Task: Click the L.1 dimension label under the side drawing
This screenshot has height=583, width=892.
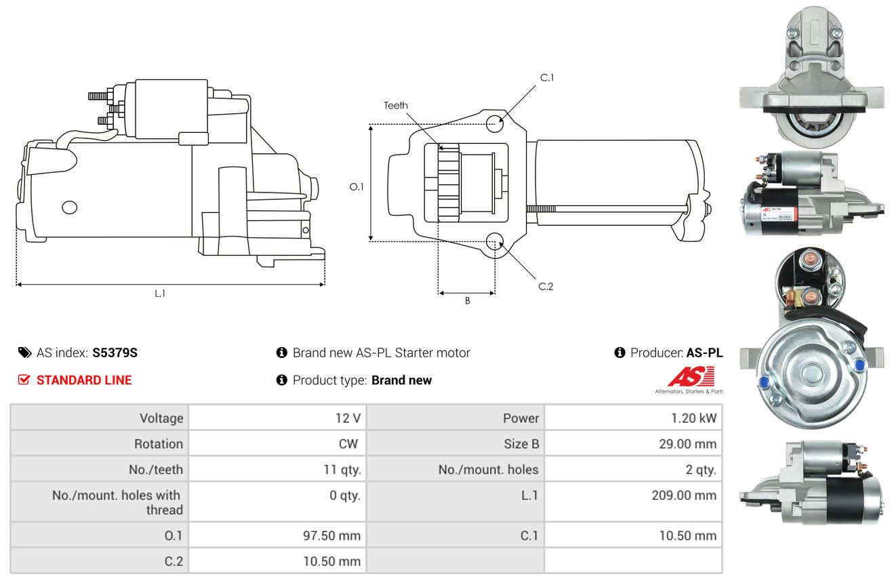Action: pyautogui.click(x=160, y=294)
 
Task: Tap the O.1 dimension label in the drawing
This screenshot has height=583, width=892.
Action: pyautogui.click(x=357, y=187)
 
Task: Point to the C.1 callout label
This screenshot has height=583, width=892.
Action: pyautogui.click(x=547, y=78)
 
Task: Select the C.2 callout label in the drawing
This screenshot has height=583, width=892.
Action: pyautogui.click(x=546, y=286)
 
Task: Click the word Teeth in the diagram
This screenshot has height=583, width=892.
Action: pyautogui.click(x=395, y=106)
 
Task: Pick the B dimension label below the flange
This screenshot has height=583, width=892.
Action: pyautogui.click(x=468, y=301)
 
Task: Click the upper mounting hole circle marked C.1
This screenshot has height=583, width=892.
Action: pyautogui.click(x=495, y=123)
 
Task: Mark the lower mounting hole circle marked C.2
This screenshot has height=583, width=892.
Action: pyautogui.click(x=495, y=241)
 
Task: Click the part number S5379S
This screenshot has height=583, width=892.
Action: pyautogui.click(x=115, y=353)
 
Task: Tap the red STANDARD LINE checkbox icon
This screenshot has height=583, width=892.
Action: pyautogui.click(x=24, y=380)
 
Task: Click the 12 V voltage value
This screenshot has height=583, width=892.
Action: pyautogui.click(x=348, y=418)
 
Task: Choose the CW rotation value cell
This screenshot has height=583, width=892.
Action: pyautogui.click(x=277, y=443)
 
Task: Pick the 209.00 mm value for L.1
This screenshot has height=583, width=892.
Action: pyautogui.click(x=684, y=496)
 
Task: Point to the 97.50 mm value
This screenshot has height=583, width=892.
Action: pyautogui.click(x=331, y=536)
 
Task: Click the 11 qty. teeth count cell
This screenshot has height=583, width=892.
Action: pyautogui.click(x=277, y=470)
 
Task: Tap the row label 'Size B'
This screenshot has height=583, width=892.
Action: pyautogui.click(x=521, y=443)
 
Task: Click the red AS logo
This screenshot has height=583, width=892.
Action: pyautogui.click(x=691, y=377)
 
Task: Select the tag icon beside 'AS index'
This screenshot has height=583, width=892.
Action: pyautogui.click(x=24, y=353)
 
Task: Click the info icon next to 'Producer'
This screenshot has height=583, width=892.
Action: pyautogui.click(x=620, y=353)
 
